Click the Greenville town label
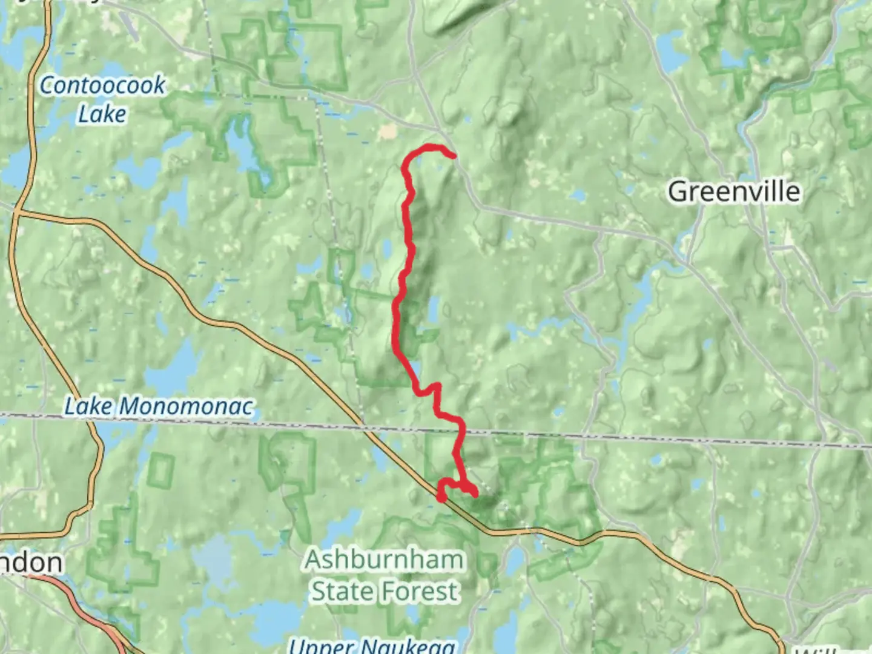tap(734, 192)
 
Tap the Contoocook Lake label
tap(102, 99)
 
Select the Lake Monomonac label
tap(159, 406)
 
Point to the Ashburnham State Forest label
tap(384, 575)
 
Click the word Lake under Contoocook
tap(102, 114)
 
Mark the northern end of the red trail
tap(452, 156)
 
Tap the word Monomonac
tap(185, 406)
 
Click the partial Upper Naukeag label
tap(371, 646)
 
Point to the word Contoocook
tap(102, 85)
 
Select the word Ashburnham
tap(384, 560)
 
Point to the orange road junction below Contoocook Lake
tap(19, 212)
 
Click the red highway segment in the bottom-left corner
tap(91, 612)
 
